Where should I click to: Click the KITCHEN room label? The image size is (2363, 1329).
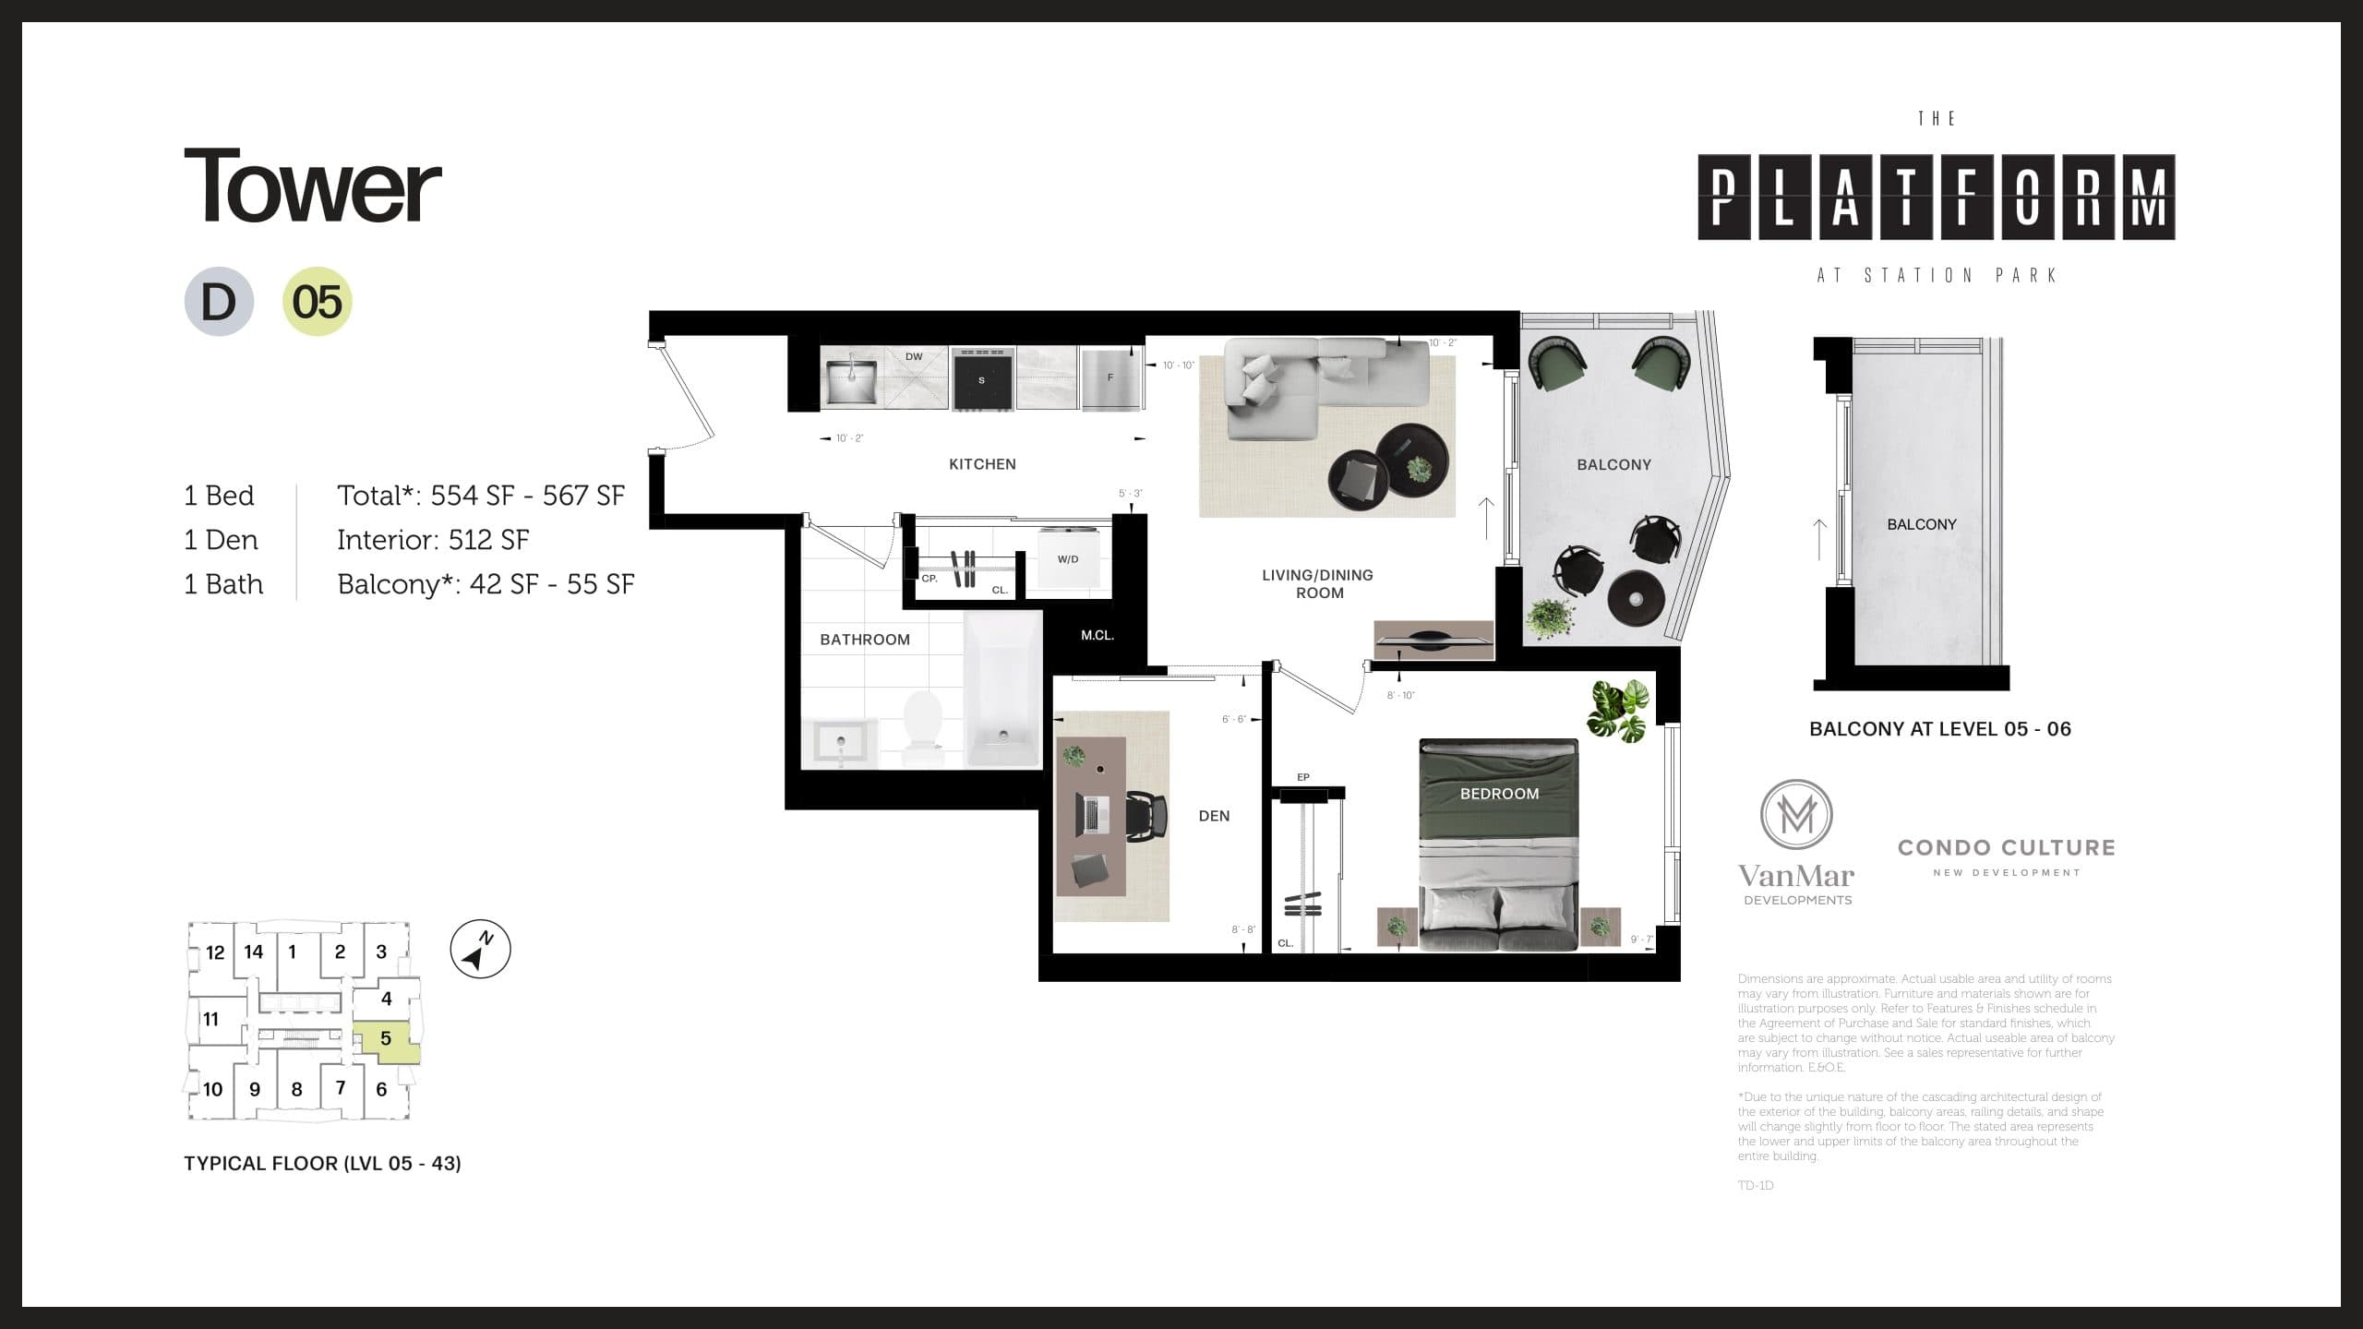coord(982,464)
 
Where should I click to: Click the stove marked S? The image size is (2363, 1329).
coord(982,378)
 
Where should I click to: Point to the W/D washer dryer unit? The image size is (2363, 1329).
coord(1068,557)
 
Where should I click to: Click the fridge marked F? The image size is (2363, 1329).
coord(1111,378)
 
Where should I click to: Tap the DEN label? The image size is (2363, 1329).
coord(1214,816)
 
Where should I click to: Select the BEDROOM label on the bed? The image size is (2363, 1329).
coord(1499,794)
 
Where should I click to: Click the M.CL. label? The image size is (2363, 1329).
coord(1098,636)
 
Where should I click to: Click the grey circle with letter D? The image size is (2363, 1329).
coord(219,302)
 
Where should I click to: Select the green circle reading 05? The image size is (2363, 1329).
coord(317,302)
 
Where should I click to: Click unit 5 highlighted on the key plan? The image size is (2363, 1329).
coord(386,1039)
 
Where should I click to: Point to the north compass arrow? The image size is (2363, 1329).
coord(480,949)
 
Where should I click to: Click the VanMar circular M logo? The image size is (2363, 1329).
coord(1796,815)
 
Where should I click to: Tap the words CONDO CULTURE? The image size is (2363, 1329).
coord(2006,848)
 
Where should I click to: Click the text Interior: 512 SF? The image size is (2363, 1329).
coord(433,540)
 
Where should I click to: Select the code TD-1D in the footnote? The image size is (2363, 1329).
coord(1756,1186)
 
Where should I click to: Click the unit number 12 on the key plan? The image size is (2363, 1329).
coord(215,952)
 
